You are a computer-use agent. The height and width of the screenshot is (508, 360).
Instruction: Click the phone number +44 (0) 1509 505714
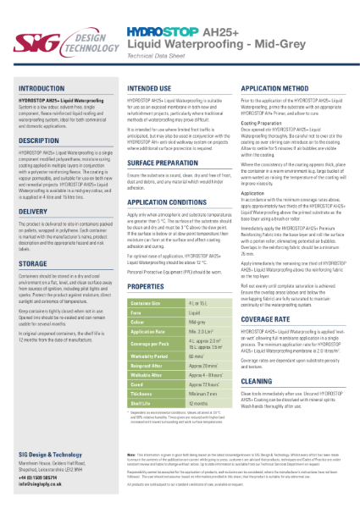tap(41, 478)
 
